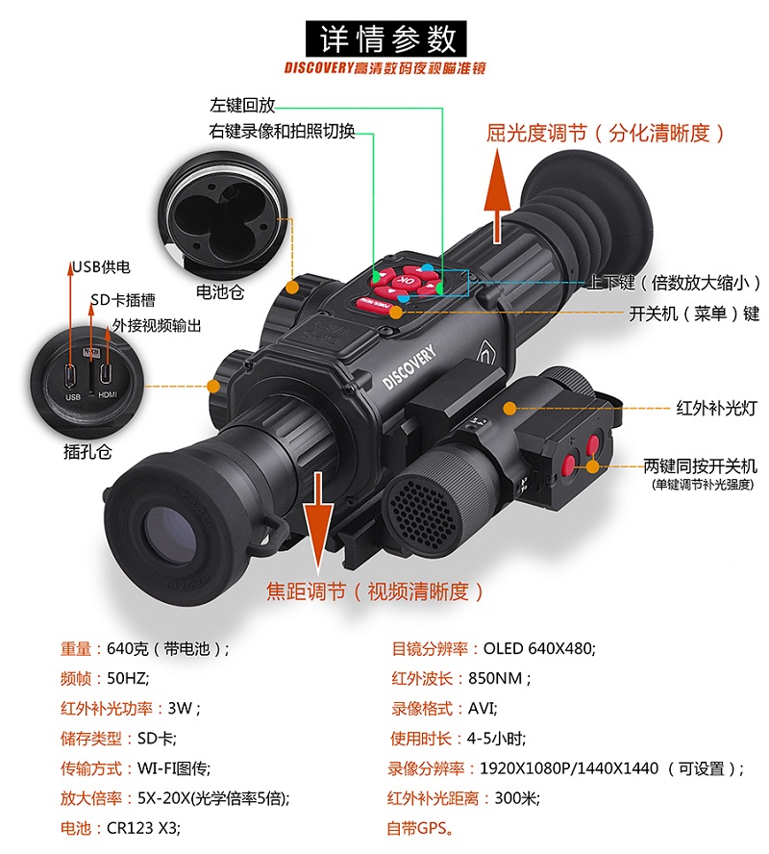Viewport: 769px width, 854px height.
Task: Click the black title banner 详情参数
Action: pos(385,38)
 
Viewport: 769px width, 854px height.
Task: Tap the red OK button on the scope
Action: pos(406,281)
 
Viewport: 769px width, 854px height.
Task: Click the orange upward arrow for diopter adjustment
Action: pos(497,196)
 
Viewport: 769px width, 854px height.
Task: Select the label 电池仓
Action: pos(220,292)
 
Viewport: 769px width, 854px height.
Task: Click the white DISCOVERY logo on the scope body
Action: pos(409,366)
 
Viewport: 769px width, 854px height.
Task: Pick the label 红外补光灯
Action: pos(716,408)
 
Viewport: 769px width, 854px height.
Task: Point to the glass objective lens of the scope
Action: pos(170,537)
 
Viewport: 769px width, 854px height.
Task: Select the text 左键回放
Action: pos(242,105)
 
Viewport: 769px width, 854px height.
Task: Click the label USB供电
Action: pos(101,267)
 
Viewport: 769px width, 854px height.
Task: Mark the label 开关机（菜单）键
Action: pos(694,314)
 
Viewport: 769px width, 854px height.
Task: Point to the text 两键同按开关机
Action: pos(700,466)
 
